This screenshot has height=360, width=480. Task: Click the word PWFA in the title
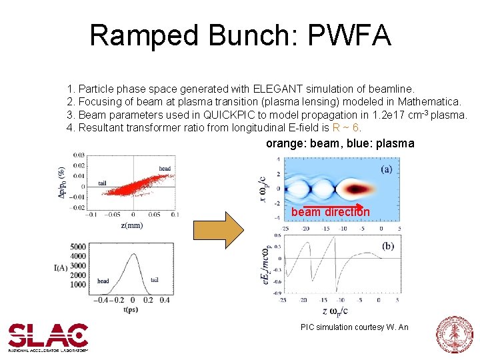(x=349, y=35)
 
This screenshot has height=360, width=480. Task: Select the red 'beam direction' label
(x=330, y=212)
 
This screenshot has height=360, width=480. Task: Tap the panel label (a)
(x=386, y=169)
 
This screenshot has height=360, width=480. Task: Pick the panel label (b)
(x=387, y=246)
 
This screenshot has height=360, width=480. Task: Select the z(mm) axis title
(x=131, y=225)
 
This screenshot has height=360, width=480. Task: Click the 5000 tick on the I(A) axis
(x=78, y=247)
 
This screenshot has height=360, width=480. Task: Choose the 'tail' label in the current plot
(x=155, y=280)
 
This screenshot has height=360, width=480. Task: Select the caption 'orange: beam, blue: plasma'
(x=340, y=143)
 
